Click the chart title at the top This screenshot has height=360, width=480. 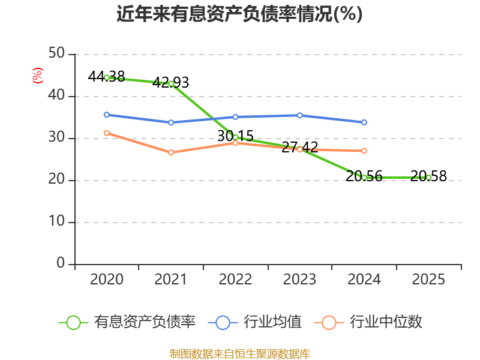point(239,14)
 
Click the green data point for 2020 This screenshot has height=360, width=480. point(107,77)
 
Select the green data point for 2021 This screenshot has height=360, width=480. point(171,83)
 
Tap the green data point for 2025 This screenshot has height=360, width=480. point(428,178)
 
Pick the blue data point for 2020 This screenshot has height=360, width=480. point(107,115)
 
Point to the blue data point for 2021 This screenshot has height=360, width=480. point(171,122)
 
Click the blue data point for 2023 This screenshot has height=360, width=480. point(300,115)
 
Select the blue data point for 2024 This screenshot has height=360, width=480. point(364,122)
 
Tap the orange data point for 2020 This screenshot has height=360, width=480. point(107,133)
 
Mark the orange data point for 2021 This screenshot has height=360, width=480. point(171,152)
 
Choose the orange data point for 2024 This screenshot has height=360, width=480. point(364,151)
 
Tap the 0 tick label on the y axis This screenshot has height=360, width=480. point(61,264)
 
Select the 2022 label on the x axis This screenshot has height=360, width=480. point(235,280)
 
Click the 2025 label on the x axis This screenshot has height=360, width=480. point(428,280)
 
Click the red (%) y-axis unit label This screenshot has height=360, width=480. point(38,76)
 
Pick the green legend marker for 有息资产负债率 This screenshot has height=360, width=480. point(73,322)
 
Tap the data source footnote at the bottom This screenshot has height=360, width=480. point(239,353)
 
